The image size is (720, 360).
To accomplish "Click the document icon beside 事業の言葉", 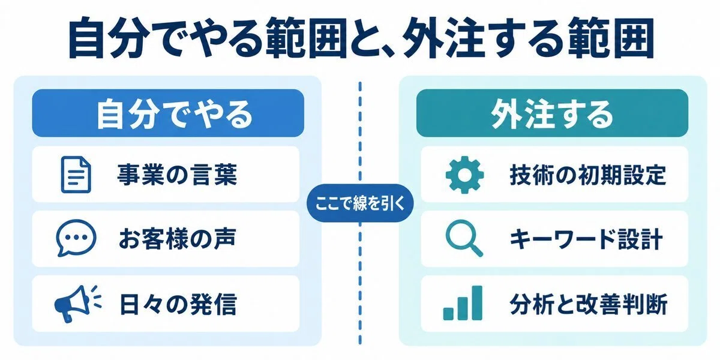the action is (76, 175).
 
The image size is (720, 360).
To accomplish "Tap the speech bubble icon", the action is (76, 238).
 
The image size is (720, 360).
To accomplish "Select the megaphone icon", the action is (78, 304).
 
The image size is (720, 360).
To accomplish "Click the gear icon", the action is (464, 175).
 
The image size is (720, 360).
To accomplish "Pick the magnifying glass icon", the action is (464, 238).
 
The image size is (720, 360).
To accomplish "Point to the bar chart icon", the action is (463, 303).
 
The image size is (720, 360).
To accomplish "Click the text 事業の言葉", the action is (177, 175).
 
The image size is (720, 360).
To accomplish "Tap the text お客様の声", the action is (177, 239).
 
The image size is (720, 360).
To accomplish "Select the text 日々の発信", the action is (178, 304).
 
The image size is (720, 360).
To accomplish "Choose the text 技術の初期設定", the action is (588, 175).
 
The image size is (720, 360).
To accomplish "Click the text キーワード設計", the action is (587, 239).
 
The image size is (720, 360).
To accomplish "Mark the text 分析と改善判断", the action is (588, 304).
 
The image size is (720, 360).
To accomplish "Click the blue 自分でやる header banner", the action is (168, 113).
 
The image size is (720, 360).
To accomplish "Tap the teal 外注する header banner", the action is (552, 113).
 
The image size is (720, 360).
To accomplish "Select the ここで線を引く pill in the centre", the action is (360, 203).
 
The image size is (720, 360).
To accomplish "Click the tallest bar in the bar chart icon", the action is (476, 303).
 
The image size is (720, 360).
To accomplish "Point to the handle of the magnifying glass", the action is (476, 250).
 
